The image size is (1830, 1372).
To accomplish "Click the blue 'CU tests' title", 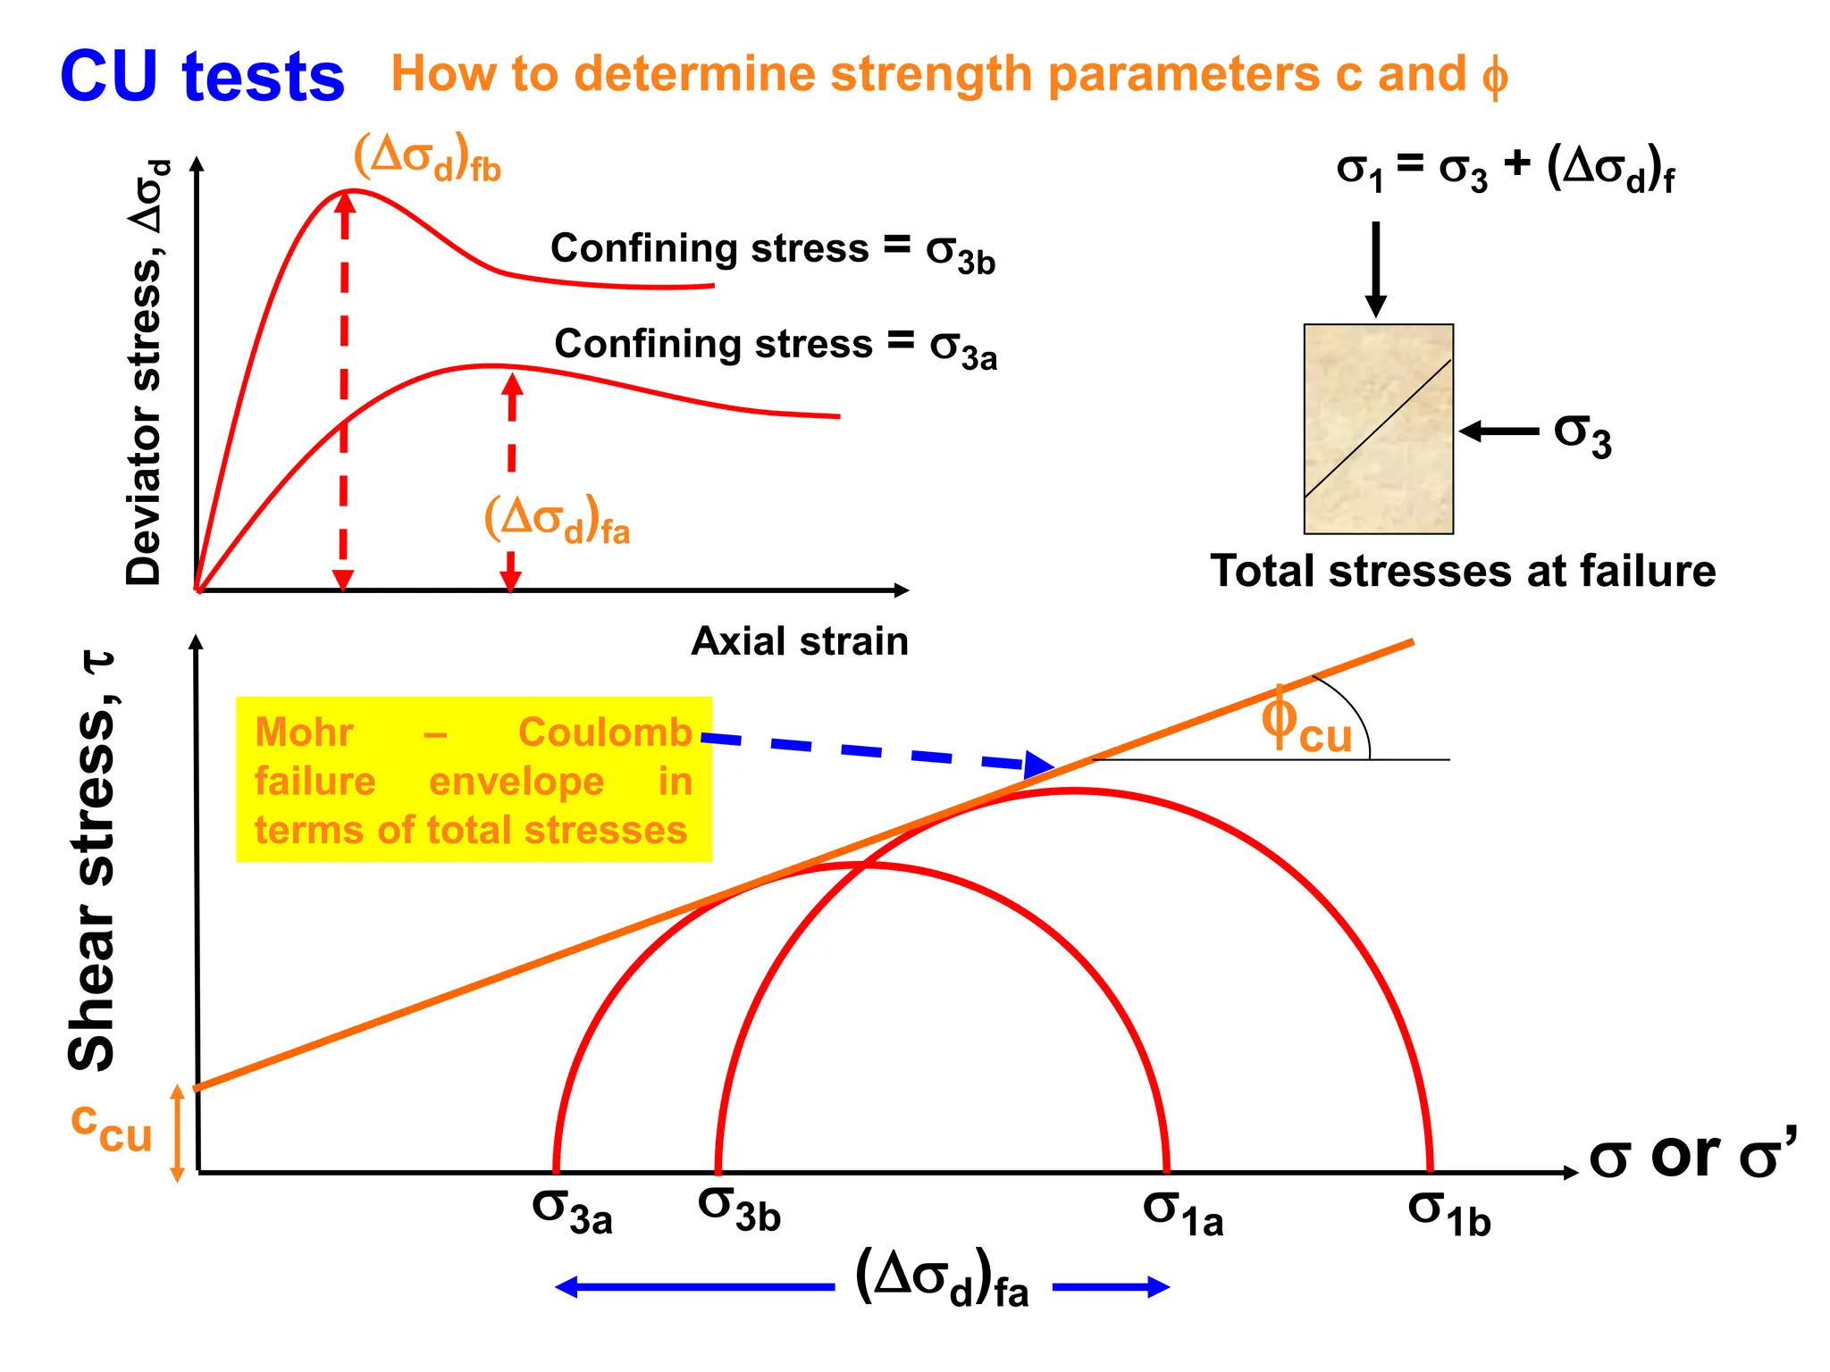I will (202, 77).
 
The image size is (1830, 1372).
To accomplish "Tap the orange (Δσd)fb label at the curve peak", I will (427, 157).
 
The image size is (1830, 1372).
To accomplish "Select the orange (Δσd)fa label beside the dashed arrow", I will (557, 520).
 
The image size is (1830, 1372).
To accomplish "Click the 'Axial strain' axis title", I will (800, 641).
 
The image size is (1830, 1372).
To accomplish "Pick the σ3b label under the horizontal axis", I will (739, 1209).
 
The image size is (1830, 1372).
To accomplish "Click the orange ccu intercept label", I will (112, 1127).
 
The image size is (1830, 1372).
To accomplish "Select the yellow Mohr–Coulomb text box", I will (474, 780).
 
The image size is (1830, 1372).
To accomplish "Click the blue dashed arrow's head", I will (1039, 765).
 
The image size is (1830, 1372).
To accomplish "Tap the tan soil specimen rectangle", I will (1378, 429).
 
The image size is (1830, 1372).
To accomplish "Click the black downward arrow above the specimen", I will (1376, 269).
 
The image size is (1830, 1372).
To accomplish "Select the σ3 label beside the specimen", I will (1582, 435).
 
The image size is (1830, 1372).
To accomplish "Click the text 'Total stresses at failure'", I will (1463, 571).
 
